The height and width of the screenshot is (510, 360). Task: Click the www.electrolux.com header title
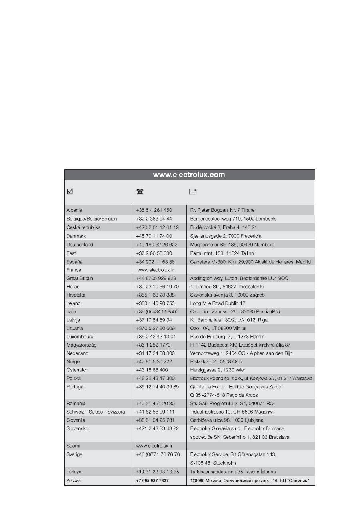coord(189,175)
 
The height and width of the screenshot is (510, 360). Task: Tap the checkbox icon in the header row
coord(70,191)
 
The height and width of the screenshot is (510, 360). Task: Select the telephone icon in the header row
coord(140,191)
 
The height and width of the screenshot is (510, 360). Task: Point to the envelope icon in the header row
coord(193,191)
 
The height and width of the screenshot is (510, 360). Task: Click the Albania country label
coord(74,210)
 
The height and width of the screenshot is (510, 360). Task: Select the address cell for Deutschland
coord(232,245)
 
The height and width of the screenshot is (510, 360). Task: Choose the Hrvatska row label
coord(76,295)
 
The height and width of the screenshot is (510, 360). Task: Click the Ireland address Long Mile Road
coord(218,303)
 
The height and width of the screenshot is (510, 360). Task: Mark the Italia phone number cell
coord(157,311)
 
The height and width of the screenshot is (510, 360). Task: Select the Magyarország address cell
coord(246,345)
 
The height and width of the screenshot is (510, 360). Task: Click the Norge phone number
coord(154,361)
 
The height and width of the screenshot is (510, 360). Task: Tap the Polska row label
coord(74,378)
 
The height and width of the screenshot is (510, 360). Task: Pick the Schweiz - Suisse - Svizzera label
coord(96,412)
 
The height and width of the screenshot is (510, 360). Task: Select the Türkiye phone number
coord(157,472)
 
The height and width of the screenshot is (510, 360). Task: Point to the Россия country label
coord(74,480)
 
